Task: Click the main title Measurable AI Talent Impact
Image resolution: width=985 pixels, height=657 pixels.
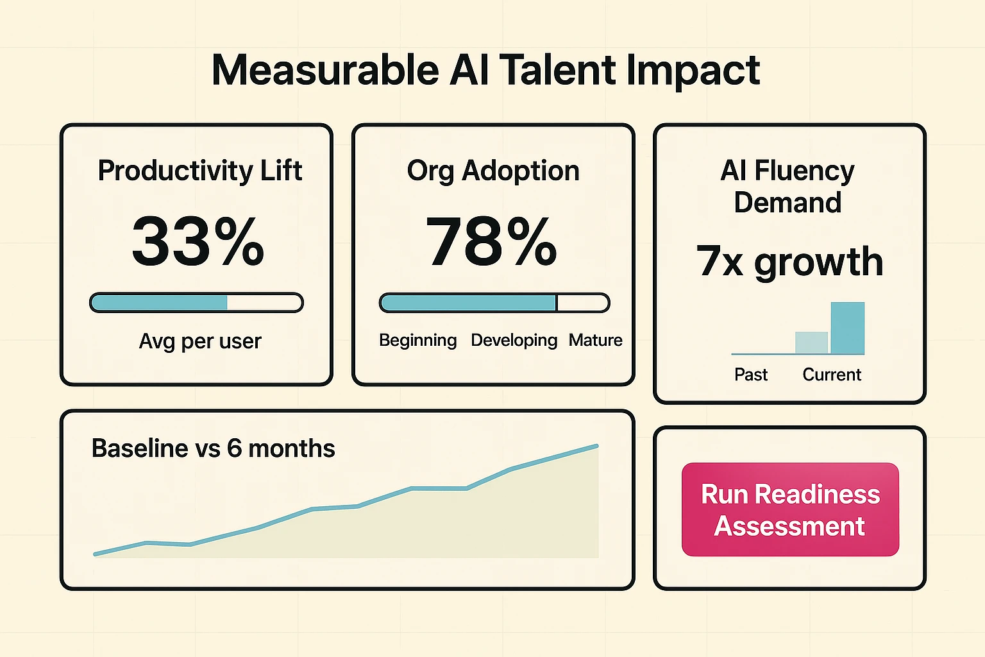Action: click(x=485, y=70)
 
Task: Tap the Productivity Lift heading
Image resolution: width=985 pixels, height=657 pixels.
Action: click(x=199, y=171)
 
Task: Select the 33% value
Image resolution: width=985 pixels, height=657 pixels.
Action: click(x=198, y=242)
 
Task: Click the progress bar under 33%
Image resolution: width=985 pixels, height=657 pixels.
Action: click(x=196, y=303)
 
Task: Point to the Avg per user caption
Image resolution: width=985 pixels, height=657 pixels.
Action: click(x=200, y=341)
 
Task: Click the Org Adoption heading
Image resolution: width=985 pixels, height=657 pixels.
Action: click(x=492, y=171)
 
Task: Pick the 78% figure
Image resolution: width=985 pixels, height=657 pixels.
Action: click(x=491, y=242)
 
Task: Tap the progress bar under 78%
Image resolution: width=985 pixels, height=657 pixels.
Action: click(x=494, y=303)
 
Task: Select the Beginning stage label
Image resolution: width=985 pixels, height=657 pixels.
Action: click(x=417, y=340)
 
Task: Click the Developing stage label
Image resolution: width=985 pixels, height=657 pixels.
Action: click(x=514, y=340)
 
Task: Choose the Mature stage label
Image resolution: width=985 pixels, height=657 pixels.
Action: click(x=595, y=340)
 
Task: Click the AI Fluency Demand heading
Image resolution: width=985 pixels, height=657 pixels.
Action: click(x=787, y=187)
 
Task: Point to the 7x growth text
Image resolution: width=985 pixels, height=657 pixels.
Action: click(x=789, y=262)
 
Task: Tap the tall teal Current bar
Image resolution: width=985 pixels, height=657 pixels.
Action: click(x=847, y=328)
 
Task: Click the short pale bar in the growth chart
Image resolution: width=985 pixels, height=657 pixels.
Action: click(x=811, y=343)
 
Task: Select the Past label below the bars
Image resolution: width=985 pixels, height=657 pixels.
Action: click(x=750, y=375)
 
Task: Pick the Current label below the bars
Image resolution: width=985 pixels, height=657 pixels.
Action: click(x=832, y=375)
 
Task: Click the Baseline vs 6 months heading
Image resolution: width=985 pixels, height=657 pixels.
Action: click(x=213, y=448)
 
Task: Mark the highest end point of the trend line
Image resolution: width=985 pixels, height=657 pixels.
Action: click(x=596, y=446)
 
